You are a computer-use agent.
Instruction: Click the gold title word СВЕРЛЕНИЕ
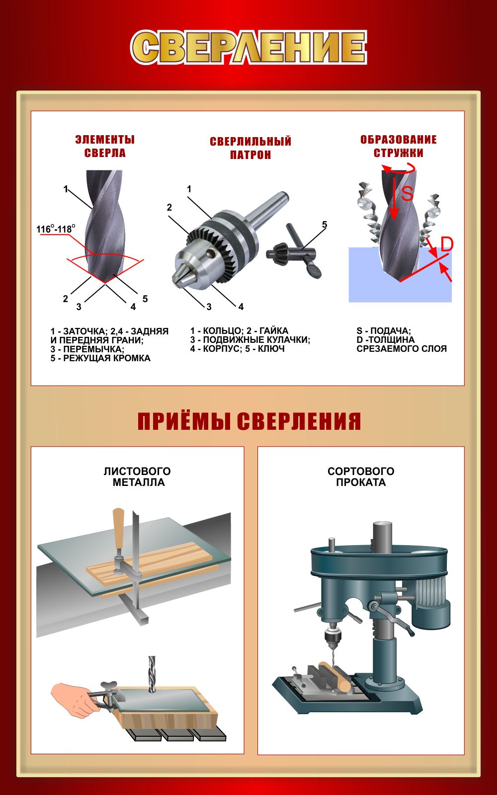248,47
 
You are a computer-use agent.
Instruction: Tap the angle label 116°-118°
56,229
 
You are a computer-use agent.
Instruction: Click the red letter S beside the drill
407,193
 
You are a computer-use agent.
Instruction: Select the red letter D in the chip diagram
447,244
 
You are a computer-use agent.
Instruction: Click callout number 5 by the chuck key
325,225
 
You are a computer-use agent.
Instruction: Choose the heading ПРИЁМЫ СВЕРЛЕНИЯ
249,421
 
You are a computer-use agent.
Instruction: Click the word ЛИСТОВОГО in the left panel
137,472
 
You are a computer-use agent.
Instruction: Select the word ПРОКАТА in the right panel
361,482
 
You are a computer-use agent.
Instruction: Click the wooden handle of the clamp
118,529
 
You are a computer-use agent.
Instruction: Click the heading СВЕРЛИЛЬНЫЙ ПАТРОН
250,148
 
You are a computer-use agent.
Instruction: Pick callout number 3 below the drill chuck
209,307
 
